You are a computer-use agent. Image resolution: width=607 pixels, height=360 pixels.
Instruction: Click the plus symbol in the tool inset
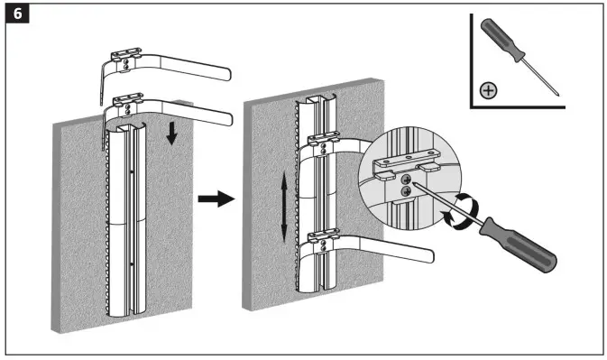pos(488,90)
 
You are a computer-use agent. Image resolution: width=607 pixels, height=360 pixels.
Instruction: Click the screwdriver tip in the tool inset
pos(557,93)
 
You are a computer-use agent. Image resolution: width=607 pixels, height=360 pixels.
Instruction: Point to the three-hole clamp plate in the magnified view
pos(403,160)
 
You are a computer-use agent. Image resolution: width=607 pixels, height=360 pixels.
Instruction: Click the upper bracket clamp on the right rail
pos(321,139)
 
